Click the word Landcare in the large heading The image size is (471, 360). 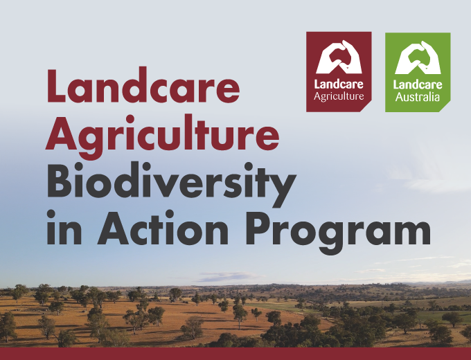tap(143, 86)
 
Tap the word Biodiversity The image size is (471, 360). tap(172, 183)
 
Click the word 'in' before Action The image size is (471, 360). tap(64, 227)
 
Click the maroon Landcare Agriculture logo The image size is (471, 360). tap(339, 72)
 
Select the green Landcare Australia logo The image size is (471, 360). tap(418, 72)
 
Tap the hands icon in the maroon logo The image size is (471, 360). tap(339, 57)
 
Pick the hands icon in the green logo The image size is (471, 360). tap(418, 57)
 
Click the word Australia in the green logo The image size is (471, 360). tap(418, 98)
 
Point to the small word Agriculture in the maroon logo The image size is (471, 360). tap(339, 97)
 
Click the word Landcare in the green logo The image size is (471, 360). tap(418, 84)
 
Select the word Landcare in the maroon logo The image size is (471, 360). tap(339, 84)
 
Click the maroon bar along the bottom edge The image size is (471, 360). tap(235, 354)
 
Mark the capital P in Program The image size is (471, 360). tap(259, 228)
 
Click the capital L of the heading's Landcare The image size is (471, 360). tap(56, 86)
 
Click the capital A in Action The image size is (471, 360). tap(114, 228)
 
